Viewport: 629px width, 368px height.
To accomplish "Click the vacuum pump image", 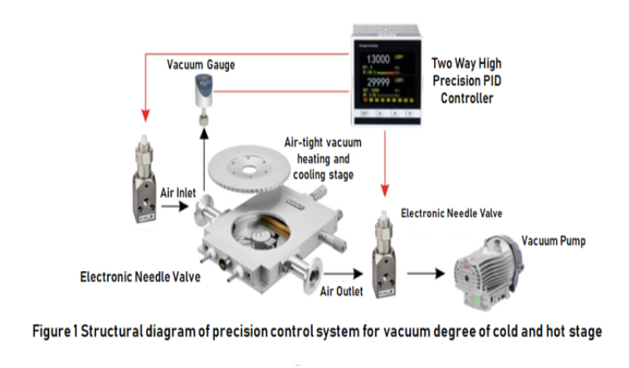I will (x=495, y=278).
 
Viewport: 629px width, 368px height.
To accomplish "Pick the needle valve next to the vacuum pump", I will (x=384, y=248).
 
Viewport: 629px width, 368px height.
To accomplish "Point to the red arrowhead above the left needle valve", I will (x=145, y=115).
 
